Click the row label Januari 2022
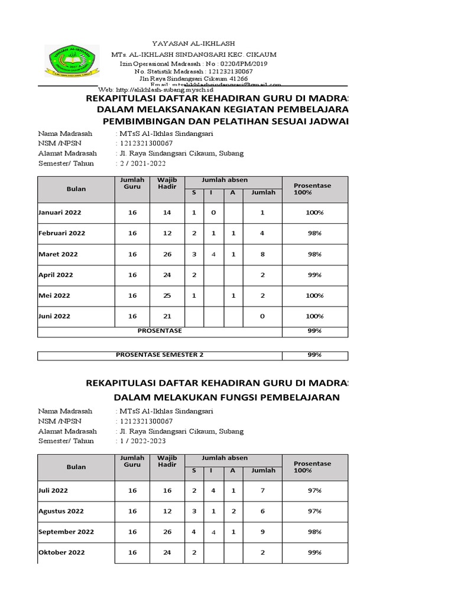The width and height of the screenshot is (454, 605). tap(60, 212)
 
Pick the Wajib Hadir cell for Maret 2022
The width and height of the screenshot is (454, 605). tap(167, 254)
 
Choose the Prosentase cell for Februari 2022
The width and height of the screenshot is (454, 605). tap(314, 233)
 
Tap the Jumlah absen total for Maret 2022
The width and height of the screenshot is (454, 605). tap(262, 254)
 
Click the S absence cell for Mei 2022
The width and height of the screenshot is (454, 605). tap(194, 295)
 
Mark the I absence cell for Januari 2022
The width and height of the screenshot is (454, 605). tap(213, 212)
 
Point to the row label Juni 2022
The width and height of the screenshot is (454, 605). tap(54, 316)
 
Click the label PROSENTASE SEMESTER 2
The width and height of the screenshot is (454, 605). tap(160, 355)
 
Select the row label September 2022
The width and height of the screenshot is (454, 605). tap(66, 532)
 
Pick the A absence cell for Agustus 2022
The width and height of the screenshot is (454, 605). tap(233, 511)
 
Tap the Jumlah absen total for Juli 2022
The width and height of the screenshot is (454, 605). tap(262, 490)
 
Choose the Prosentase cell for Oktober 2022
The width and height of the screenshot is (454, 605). tap(314, 552)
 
